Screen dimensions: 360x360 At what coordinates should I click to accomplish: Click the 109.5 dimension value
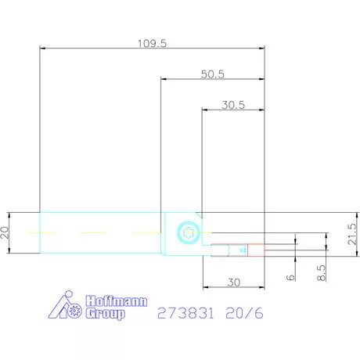pos(152,42)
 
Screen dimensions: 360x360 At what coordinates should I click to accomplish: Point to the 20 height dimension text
pos(6,232)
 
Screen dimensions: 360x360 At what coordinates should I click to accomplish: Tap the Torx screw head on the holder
pos(186,232)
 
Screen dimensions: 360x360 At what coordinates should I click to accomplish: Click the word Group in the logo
pos(105,315)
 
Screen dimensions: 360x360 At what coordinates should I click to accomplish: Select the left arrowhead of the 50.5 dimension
pos(164,78)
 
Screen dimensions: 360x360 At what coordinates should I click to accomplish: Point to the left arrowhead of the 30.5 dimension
pos(205,109)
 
